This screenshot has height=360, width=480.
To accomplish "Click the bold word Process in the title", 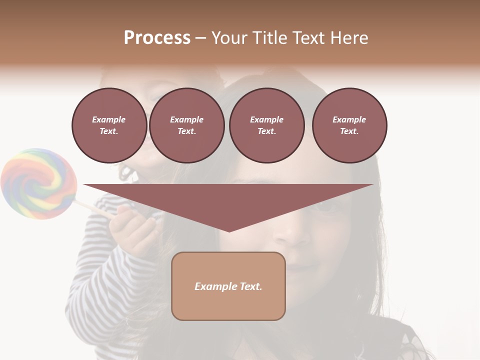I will [157, 38].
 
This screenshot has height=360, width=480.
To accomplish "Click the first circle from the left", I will [109, 125].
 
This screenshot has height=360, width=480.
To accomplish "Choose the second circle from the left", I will [186, 125].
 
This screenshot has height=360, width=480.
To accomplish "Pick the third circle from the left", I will [266, 125].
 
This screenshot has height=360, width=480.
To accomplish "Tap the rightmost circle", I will [349, 125].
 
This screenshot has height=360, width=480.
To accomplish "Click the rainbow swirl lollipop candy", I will [38, 183].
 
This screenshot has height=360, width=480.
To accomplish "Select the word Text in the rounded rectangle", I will [251, 286].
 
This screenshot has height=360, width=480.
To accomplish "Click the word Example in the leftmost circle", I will [109, 119].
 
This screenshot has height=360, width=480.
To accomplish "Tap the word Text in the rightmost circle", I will [349, 131].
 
